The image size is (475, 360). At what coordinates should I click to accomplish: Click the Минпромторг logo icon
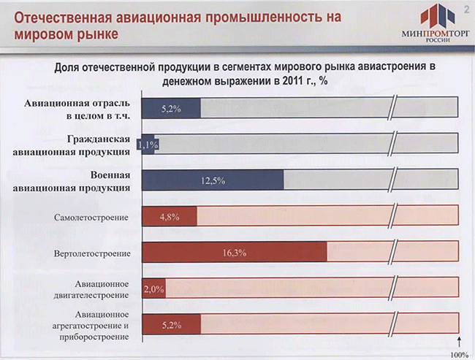point(438,15)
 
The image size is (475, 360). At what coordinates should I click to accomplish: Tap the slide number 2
point(466,9)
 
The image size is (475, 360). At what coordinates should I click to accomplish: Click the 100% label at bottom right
point(459,355)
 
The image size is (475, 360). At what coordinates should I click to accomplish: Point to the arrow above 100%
point(459,342)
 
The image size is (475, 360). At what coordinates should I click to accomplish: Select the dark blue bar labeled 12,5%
point(213,180)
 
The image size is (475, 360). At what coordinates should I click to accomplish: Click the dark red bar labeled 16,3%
point(235,252)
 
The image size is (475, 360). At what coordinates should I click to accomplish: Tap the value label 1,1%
point(148,145)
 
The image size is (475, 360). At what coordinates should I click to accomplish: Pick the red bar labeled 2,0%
point(154,288)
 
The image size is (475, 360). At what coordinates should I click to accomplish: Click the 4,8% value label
point(170,217)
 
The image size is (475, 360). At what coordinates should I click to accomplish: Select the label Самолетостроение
point(91,218)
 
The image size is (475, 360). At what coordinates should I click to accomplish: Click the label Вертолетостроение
point(92,253)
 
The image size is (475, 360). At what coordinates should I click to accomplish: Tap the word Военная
point(110,175)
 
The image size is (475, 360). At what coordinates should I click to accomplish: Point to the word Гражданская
point(99,139)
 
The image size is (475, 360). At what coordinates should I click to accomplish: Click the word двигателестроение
point(91,295)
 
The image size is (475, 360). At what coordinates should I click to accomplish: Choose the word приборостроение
point(94,337)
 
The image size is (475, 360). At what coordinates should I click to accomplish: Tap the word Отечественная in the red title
point(63,18)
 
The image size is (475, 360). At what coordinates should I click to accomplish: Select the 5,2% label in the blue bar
point(171,109)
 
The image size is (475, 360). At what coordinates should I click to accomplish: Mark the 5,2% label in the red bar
point(172,325)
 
